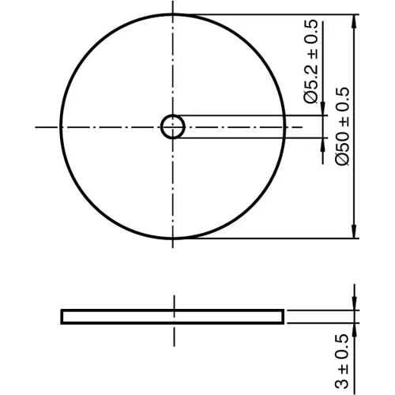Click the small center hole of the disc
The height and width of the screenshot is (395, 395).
172,126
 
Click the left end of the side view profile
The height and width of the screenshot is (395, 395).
62,316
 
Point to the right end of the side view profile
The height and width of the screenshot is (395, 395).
282,316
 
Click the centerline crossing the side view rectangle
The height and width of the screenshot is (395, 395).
172,316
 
